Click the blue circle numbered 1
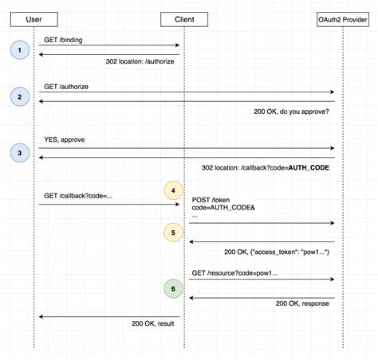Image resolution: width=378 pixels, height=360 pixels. click(x=18, y=50)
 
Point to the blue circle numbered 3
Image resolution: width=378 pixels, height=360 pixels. click(x=18, y=151)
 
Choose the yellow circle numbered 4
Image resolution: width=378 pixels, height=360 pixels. click(x=174, y=191)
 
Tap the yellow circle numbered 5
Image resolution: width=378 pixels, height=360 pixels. click(x=174, y=233)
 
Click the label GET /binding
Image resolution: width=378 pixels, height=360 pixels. click(x=64, y=39)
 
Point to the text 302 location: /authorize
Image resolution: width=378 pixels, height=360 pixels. click(x=140, y=61)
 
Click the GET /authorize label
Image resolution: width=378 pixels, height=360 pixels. click(x=67, y=85)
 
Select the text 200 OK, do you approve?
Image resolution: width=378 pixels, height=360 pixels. click(x=290, y=112)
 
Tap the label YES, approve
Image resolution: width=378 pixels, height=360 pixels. click(x=65, y=139)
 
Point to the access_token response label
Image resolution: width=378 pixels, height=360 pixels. click(x=277, y=252)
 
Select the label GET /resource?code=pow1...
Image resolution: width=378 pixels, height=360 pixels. click(x=234, y=273)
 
